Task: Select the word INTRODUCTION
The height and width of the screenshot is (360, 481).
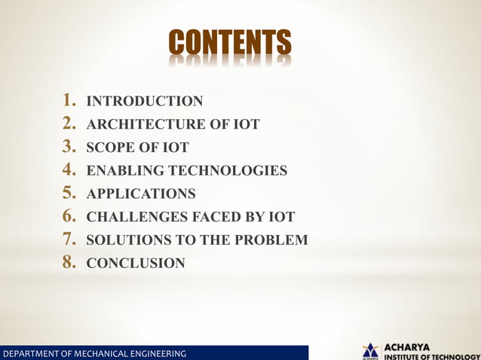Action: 145,101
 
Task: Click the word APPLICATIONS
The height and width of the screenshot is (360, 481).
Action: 141,194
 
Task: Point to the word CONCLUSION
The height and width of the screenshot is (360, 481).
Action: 136,264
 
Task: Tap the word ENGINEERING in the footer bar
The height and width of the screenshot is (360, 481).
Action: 157,353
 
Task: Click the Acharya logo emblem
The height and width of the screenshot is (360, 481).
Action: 370,350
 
